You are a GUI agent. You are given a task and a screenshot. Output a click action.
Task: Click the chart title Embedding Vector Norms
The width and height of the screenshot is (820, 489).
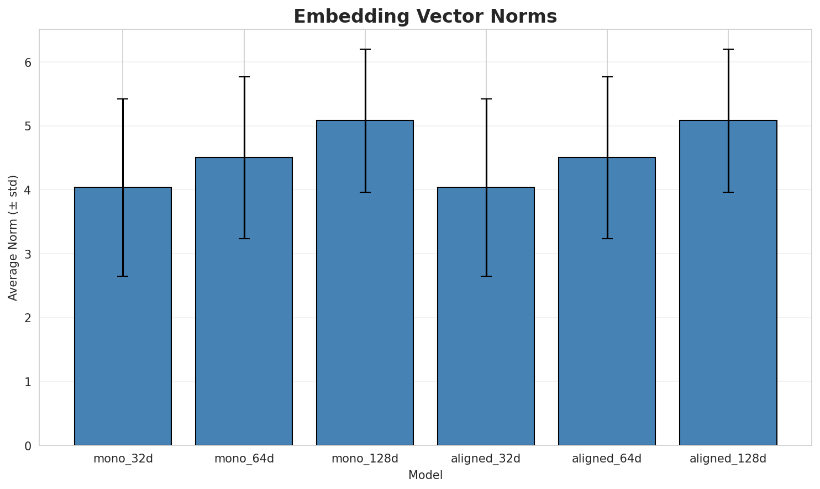[425, 17]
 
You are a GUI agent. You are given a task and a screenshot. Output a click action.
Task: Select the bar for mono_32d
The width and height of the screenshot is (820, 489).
[123, 332]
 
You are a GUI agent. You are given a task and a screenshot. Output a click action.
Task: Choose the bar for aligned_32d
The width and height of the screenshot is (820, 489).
[486, 332]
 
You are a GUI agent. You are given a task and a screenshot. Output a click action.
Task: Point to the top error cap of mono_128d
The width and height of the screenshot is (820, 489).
[365, 49]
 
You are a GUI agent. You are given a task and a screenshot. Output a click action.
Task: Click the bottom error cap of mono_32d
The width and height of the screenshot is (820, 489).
[123, 276]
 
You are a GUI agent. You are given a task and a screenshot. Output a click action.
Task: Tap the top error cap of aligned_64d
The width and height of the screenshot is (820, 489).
[607, 77]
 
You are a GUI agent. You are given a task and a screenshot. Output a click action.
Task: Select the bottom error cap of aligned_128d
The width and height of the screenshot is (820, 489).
[728, 192]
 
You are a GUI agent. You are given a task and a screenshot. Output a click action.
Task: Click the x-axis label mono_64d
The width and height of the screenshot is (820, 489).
[244, 459]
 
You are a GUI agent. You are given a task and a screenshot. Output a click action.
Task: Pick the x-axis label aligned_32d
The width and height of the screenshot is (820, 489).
[486, 459]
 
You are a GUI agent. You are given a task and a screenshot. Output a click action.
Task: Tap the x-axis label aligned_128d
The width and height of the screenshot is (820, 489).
[728, 459]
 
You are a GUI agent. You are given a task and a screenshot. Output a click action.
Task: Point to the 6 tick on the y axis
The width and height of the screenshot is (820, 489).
[28, 62]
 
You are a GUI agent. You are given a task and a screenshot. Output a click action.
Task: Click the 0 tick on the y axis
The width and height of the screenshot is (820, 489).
[28, 445]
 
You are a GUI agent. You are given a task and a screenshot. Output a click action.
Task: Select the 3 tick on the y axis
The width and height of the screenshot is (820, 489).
[28, 254]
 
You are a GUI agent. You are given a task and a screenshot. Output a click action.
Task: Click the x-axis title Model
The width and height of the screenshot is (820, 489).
[425, 475]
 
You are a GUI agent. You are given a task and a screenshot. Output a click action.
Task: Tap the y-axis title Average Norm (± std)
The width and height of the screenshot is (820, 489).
[13, 238]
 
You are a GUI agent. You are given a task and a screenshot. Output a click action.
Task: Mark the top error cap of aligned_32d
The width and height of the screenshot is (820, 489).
[486, 99]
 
